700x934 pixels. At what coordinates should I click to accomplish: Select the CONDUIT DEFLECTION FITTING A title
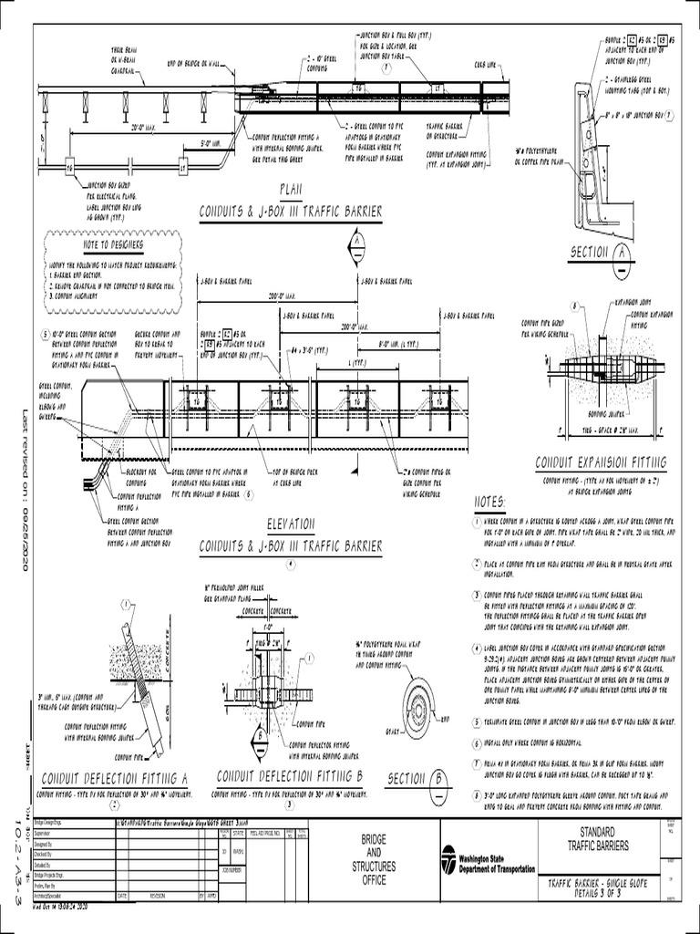pos(116,777)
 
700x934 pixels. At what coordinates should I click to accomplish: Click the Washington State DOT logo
pos(448,861)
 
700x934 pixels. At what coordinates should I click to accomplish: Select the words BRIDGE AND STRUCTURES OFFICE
pos(374,859)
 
